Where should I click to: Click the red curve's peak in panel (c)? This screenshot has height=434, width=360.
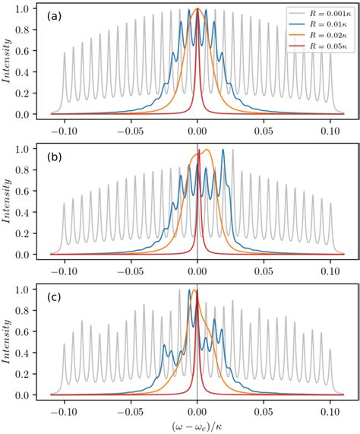[196, 291]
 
